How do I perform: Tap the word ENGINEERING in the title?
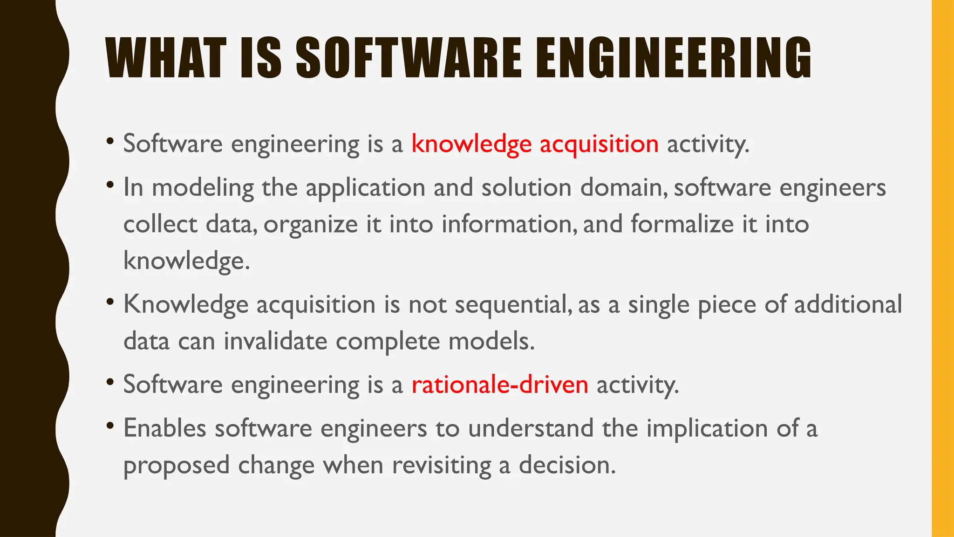pos(673,58)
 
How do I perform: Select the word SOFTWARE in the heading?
pos(409,58)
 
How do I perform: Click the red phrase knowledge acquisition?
pos(535,144)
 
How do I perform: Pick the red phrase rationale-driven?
pos(500,385)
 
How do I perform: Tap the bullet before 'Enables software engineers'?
pos(110,426)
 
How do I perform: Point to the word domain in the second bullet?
pos(622,188)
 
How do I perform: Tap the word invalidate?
pos(275,341)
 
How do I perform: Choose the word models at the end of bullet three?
pos(491,341)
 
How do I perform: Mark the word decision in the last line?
pos(567,465)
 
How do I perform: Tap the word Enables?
pos(164,428)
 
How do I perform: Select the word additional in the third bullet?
pos(848,305)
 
